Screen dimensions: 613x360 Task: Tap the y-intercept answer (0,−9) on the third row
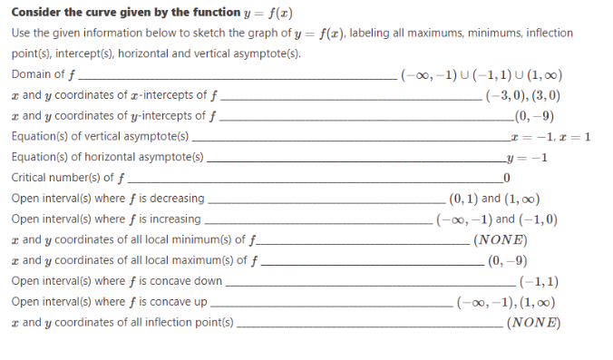[x=533, y=115]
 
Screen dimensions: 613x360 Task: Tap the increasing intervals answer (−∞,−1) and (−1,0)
[x=497, y=219]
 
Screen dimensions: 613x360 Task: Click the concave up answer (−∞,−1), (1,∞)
[x=508, y=303]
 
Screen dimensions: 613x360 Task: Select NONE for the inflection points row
[x=533, y=324]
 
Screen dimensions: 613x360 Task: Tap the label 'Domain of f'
[x=44, y=74]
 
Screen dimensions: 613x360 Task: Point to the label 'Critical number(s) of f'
[x=67, y=178]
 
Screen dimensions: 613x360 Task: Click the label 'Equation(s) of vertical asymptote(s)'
[x=100, y=136]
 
